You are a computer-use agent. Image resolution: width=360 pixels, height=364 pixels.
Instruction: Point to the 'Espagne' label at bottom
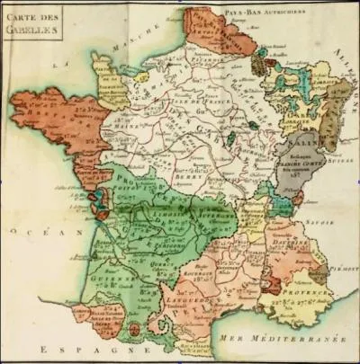point(80,350)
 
